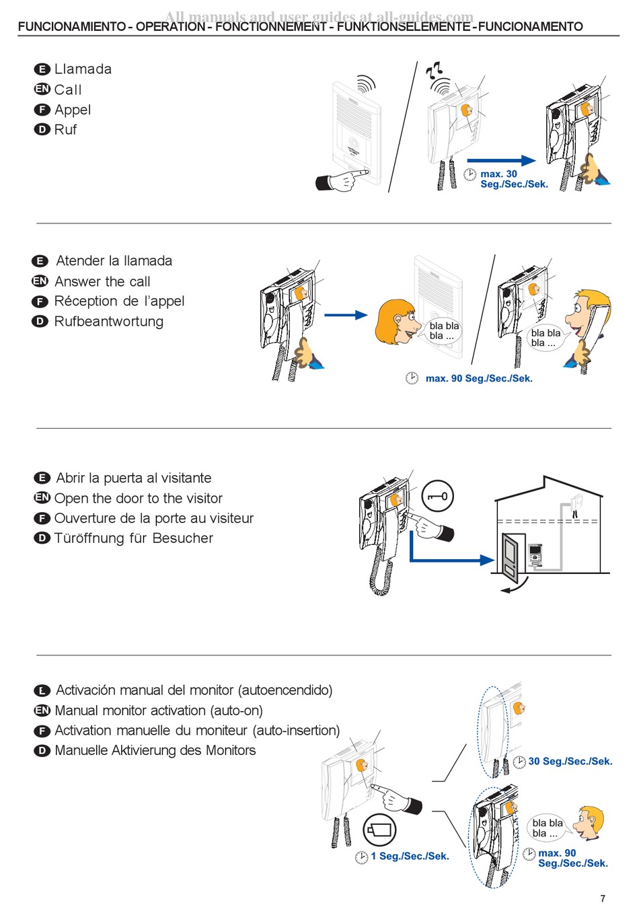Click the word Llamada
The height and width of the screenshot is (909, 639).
click(x=83, y=69)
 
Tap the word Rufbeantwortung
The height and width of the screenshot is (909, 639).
click(x=108, y=322)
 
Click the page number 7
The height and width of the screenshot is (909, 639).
click(x=603, y=898)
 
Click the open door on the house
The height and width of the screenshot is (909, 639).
click(x=511, y=557)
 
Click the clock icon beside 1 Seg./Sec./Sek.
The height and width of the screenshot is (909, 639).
click(x=362, y=857)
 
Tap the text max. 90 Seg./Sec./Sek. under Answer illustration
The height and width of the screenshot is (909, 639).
click(x=478, y=379)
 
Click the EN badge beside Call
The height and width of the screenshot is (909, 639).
click(x=42, y=89)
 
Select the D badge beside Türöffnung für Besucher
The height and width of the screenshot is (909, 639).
click(x=42, y=538)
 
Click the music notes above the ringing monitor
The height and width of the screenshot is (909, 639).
click(x=434, y=69)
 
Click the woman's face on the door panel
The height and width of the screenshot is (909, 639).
click(x=397, y=321)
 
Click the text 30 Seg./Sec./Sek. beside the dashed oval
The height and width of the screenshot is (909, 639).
click(x=570, y=762)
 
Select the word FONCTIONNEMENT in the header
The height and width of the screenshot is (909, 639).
click(x=271, y=27)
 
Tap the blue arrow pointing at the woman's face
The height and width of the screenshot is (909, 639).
click(x=346, y=314)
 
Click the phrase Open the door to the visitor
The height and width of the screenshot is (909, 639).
click(x=138, y=499)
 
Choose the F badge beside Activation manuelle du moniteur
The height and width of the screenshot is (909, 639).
click(x=42, y=731)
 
